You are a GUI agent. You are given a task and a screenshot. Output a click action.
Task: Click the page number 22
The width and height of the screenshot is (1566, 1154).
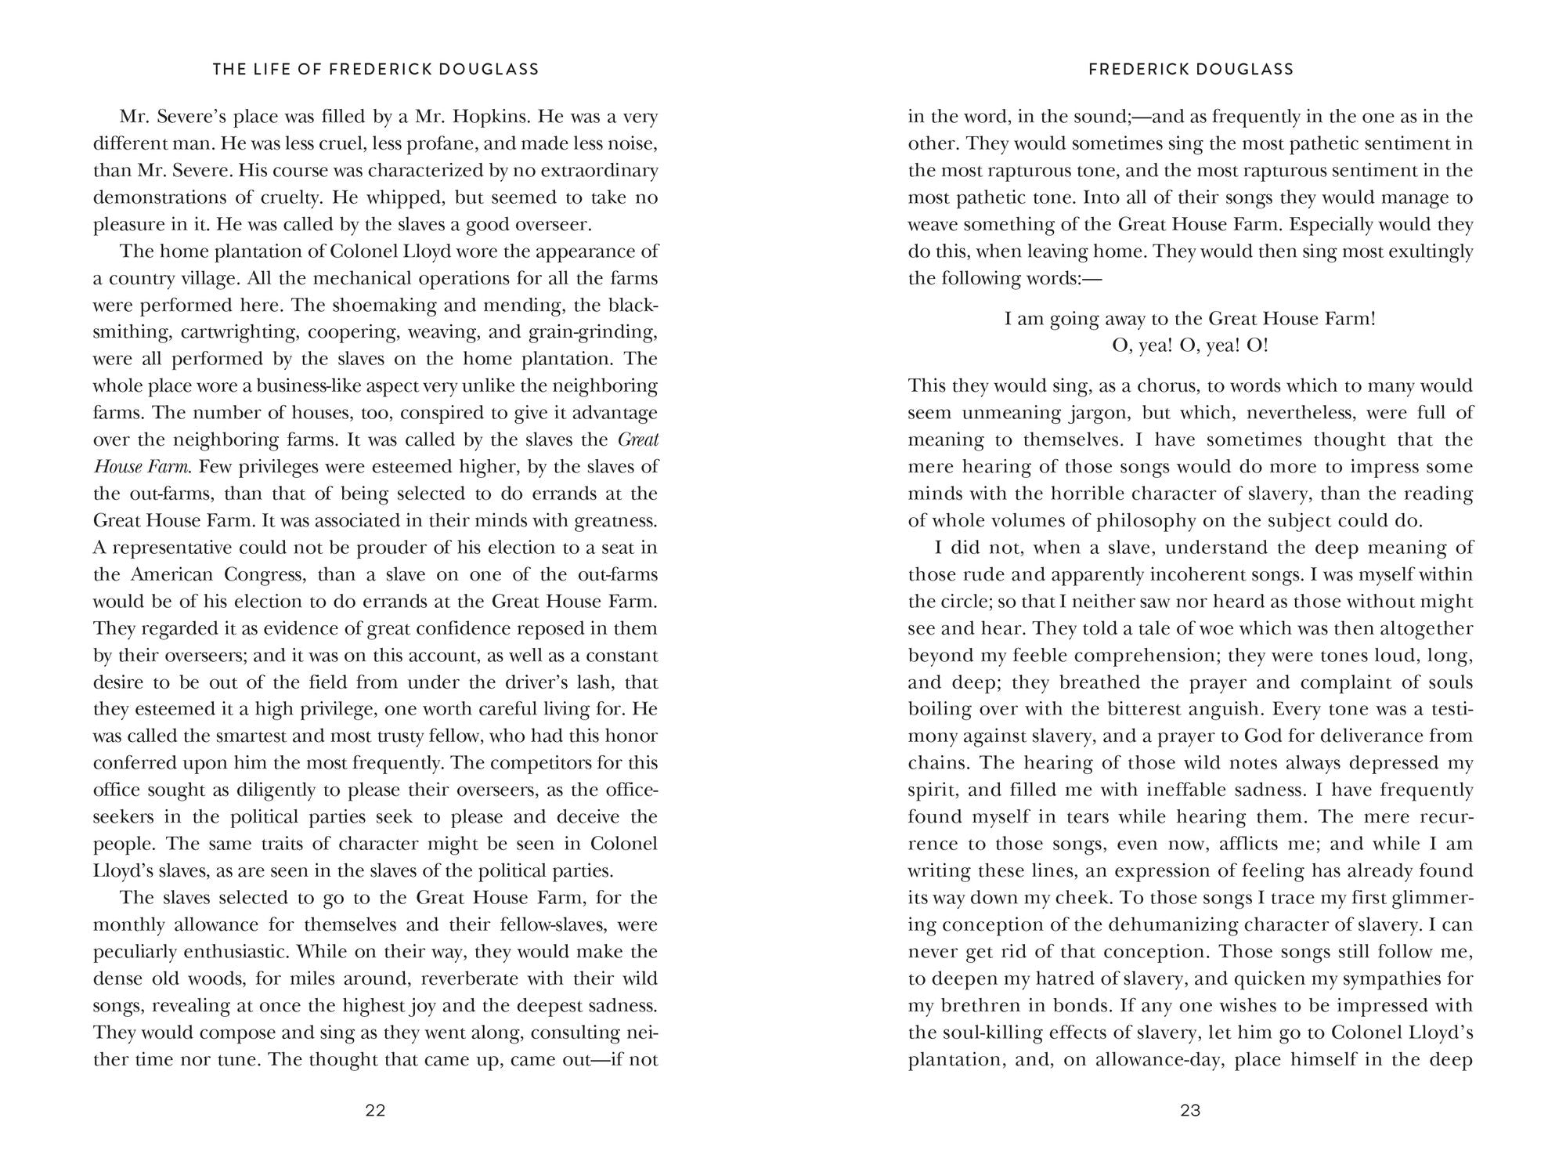click(x=375, y=1110)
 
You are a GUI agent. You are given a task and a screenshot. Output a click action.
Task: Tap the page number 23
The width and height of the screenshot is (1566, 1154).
click(x=1190, y=1110)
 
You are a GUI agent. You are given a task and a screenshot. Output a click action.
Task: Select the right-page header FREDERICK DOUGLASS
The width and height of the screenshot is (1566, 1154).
click(x=1191, y=69)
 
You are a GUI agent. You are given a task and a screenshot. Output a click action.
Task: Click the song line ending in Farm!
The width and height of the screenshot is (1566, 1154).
click(x=1190, y=319)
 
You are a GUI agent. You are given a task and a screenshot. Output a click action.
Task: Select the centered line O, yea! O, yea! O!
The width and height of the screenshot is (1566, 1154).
click(x=1190, y=345)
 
